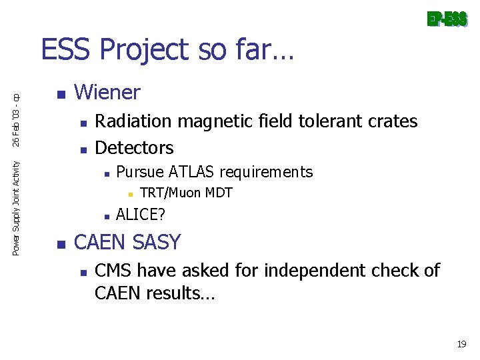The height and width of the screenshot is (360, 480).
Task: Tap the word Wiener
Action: [x=107, y=92]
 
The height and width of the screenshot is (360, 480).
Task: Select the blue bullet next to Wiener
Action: [x=61, y=94]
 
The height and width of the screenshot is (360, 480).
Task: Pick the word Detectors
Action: [x=135, y=147]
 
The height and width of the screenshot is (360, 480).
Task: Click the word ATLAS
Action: [x=192, y=172]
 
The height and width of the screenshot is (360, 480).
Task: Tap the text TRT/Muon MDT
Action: [x=186, y=193]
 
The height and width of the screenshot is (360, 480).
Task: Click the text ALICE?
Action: [x=141, y=214]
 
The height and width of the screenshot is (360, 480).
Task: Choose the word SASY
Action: [x=157, y=242]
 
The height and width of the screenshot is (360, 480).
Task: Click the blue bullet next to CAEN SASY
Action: [x=61, y=244]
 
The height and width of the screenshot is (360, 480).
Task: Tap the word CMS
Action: [x=114, y=271]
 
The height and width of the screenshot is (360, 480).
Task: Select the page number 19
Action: [x=461, y=345]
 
